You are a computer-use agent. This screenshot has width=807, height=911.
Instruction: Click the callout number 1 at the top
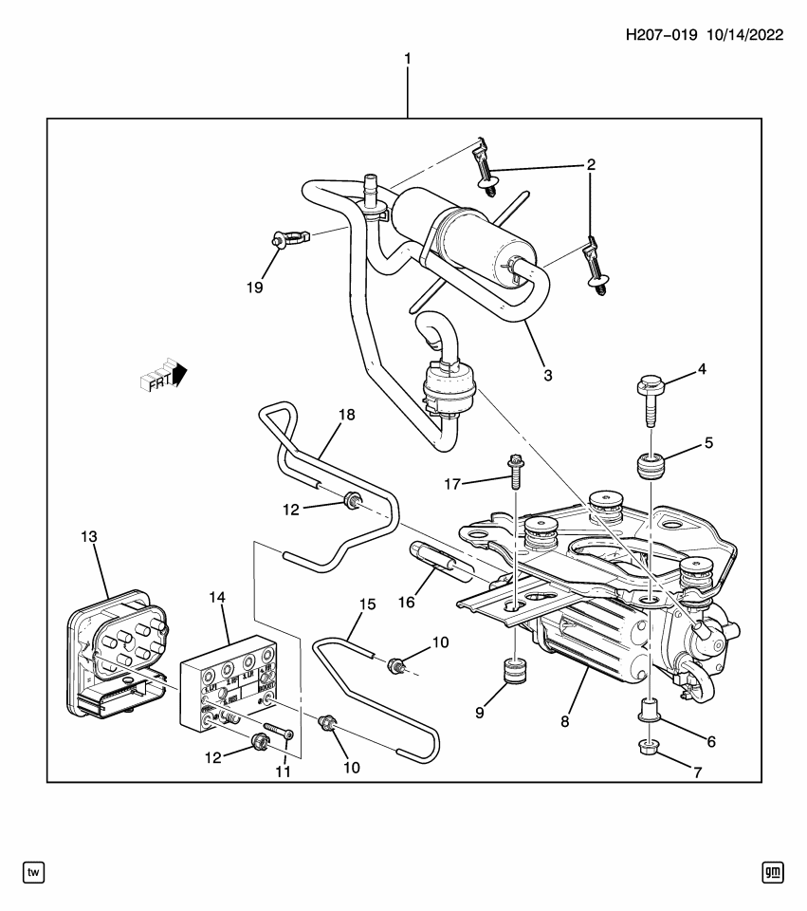(x=408, y=59)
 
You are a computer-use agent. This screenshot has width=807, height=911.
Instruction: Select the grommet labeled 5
(x=649, y=469)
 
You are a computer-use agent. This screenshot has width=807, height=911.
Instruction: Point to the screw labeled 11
(x=274, y=732)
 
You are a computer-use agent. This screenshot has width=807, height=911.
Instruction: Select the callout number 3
(x=548, y=375)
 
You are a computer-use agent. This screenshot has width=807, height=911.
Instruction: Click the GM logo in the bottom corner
(x=772, y=871)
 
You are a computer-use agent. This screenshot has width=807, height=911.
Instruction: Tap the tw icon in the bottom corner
(x=33, y=871)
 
